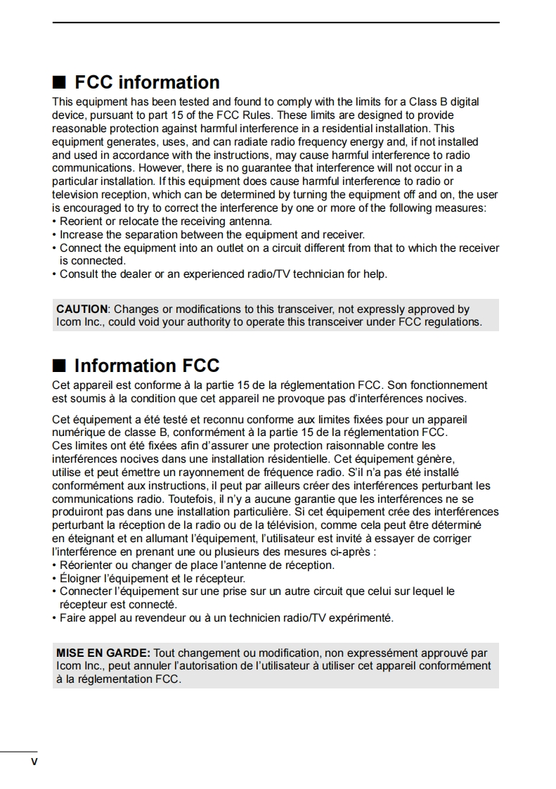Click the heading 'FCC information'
(147, 83)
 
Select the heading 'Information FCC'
(147, 366)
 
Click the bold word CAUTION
(82, 309)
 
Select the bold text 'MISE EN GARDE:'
(103, 653)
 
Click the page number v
(33, 762)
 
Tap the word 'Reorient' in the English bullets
(81, 221)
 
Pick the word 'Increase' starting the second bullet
(81, 234)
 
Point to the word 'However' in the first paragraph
(158, 168)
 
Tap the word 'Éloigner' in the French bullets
(81, 578)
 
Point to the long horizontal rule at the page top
(276, 23)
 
